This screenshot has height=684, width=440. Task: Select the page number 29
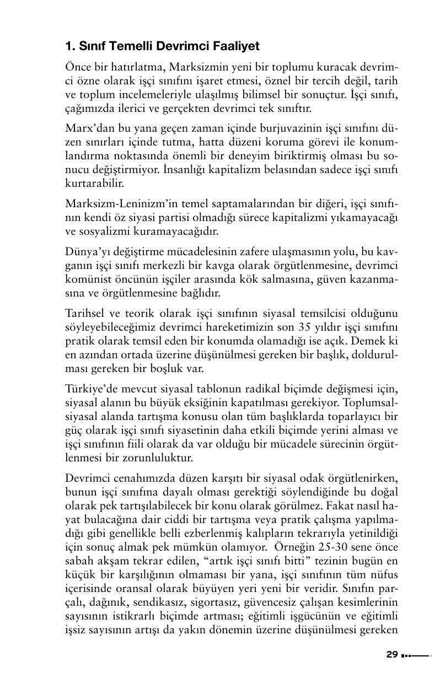pyautogui.click(x=392, y=655)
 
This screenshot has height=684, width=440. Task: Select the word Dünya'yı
pyautogui.click(x=83, y=252)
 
